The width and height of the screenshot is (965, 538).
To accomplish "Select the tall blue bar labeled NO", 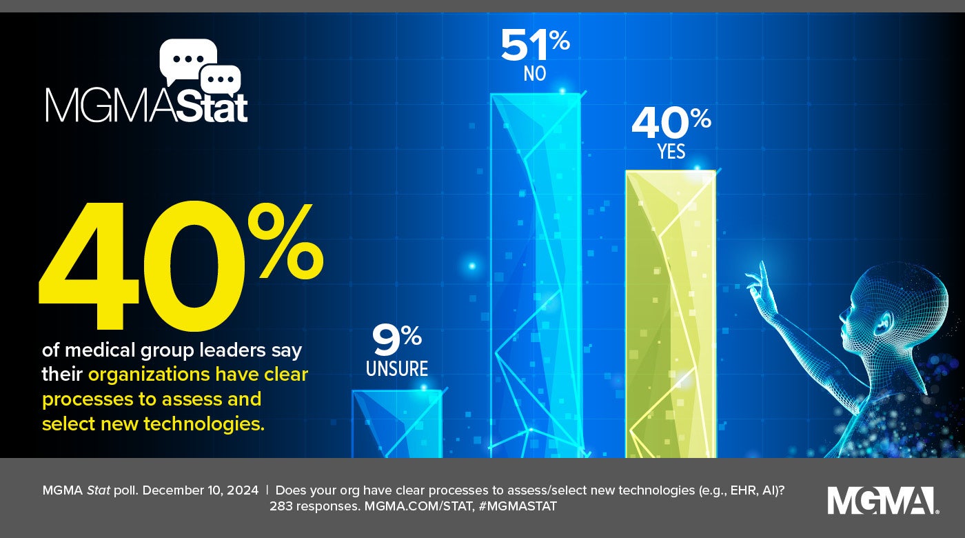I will [535, 276].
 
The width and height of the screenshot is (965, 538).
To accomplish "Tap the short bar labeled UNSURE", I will [396, 424].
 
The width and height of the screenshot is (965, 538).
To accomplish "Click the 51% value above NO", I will [535, 44].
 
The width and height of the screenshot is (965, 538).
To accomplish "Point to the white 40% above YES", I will [671, 123].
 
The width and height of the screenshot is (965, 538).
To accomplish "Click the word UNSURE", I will [396, 369].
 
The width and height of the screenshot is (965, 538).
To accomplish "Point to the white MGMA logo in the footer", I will [882, 501].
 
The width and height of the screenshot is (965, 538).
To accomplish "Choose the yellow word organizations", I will [148, 375].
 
